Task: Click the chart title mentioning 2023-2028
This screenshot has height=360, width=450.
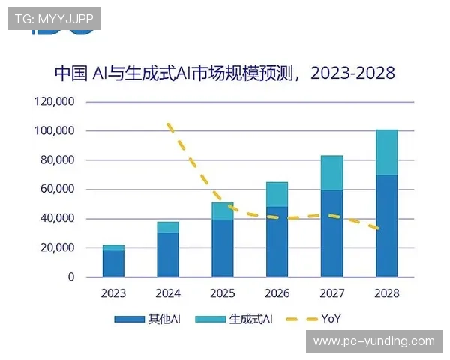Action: point(224,73)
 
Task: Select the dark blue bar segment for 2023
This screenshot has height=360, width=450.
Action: point(113,263)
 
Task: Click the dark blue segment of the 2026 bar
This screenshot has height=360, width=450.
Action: point(277,241)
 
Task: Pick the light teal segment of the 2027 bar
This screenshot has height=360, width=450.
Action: point(331,173)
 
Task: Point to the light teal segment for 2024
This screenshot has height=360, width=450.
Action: point(168,227)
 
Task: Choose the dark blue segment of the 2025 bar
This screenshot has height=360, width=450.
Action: point(223,248)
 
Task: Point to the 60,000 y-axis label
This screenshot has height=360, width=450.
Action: point(59,189)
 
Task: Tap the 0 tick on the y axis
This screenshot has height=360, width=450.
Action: point(71,277)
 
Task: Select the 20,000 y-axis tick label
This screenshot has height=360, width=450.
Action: point(59,247)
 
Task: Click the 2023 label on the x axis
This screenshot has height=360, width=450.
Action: point(113,293)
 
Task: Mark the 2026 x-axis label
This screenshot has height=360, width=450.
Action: point(277,293)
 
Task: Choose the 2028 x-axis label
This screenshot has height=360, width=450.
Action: point(386,293)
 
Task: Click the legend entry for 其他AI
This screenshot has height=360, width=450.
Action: point(148,319)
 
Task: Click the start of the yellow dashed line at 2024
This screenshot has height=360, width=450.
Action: point(169,124)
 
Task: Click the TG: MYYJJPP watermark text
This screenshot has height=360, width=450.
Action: point(53,18)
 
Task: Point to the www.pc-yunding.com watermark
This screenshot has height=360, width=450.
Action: point(373,341)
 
